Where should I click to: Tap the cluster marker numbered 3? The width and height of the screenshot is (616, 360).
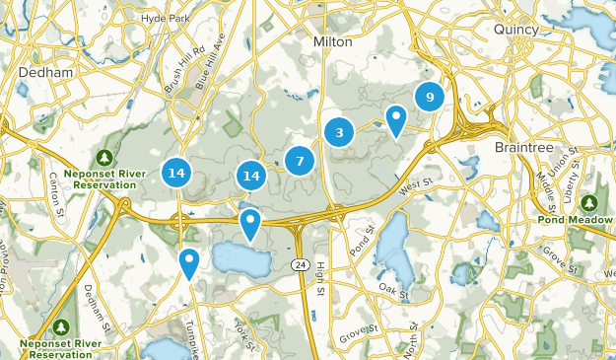[x=339, y=132]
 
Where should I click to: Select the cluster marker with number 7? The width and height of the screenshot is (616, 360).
[x=300, y=161]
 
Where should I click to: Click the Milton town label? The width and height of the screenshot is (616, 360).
[x=331, y=41]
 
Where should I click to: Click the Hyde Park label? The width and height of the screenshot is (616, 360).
[x=165, y=18]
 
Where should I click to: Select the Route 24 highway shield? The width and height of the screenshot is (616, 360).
[x=299, y=264]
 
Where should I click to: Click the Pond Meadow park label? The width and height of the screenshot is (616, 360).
[x=582, y=222]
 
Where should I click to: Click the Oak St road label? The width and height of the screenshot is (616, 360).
[x=393, y=288]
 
